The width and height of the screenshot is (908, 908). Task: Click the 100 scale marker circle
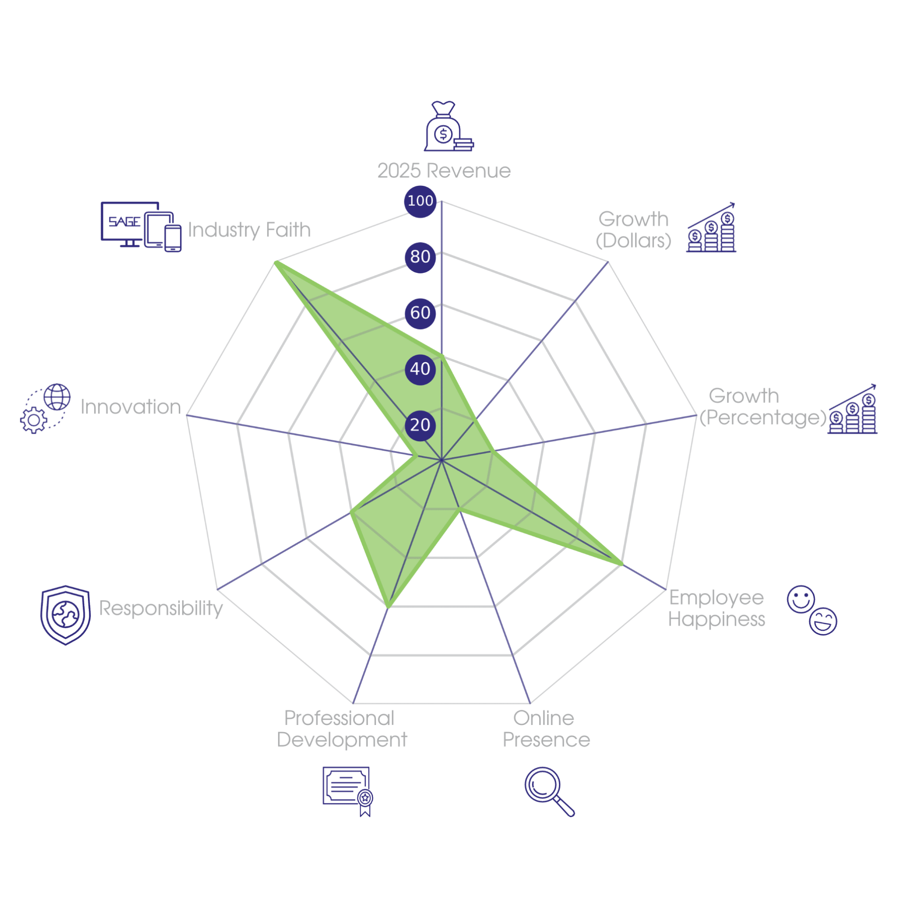[420, 201]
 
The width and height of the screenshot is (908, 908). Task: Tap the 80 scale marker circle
[420, 257]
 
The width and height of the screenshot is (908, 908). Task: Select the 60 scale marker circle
[420, 313]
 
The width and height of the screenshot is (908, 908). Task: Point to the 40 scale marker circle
[420, 369]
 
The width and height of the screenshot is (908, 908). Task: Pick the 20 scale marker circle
[420, 425]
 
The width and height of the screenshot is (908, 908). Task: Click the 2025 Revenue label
[444, 170]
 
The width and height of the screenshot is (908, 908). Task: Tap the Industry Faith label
[249, 230]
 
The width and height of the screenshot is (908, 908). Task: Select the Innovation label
[131, 407]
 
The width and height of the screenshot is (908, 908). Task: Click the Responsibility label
[161, 608]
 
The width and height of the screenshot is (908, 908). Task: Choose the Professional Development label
[341, 729]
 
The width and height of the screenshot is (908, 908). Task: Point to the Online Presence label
[546, 729]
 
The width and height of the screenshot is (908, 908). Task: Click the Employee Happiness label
[716, 608]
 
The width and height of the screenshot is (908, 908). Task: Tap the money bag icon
[448, 126]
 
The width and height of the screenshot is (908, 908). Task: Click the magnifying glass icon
[550, 792]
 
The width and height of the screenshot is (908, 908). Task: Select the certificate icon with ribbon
[348, 792]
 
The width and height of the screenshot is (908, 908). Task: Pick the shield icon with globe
[65, 615]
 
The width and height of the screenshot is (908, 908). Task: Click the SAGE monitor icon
[141, 227]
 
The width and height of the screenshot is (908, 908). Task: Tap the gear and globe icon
[45, 408]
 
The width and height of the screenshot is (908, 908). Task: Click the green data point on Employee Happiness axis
[621, 564]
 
